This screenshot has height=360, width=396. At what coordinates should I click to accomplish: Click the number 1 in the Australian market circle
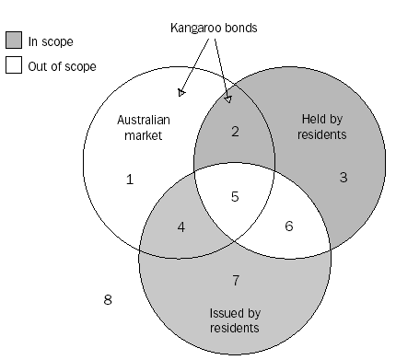[130, 180]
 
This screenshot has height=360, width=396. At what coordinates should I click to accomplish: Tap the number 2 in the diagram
[235, 132]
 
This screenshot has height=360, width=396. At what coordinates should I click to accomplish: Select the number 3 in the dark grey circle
[344, 177]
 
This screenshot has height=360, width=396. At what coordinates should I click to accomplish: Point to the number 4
[181, 226]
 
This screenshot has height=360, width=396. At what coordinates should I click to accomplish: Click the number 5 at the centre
[235, 196]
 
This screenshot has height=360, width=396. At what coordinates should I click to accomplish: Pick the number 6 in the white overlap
[289, 226]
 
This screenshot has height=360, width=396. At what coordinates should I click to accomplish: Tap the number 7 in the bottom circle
[235, 279]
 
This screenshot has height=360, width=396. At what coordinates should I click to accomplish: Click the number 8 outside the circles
[108, 299]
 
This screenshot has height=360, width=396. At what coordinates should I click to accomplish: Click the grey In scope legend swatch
[14, 41]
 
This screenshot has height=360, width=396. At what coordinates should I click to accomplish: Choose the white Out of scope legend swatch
[14, 65]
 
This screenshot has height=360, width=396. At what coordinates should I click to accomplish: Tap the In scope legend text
[51, 42]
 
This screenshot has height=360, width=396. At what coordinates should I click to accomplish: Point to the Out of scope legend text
[63, 66]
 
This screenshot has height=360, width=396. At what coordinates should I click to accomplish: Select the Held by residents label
[324, 127]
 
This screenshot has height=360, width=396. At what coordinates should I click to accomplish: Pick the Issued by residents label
[234, 319]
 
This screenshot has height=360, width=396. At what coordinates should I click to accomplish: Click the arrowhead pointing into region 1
[181, 92]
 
